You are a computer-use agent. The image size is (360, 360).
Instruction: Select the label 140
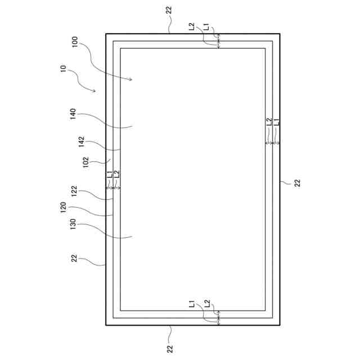point(73,116)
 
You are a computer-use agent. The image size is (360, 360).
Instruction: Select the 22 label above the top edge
point(170,10)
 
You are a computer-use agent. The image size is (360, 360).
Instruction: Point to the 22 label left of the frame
point(74,258)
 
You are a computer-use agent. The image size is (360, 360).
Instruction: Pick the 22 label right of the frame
point(298,182)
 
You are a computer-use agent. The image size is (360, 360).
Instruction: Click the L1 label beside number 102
point(110,175)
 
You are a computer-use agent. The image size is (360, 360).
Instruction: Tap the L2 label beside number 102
point(116,175)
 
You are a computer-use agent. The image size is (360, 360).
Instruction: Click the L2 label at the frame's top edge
point(192,26)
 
